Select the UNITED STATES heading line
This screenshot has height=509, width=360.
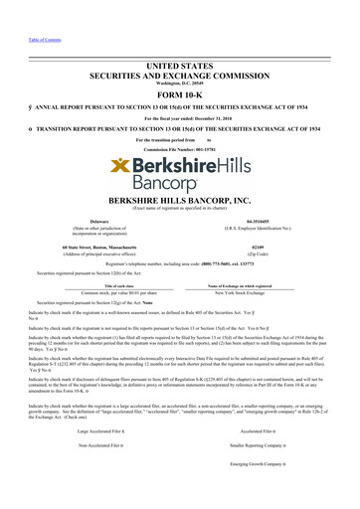180,66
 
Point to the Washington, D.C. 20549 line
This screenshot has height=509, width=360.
180,85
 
